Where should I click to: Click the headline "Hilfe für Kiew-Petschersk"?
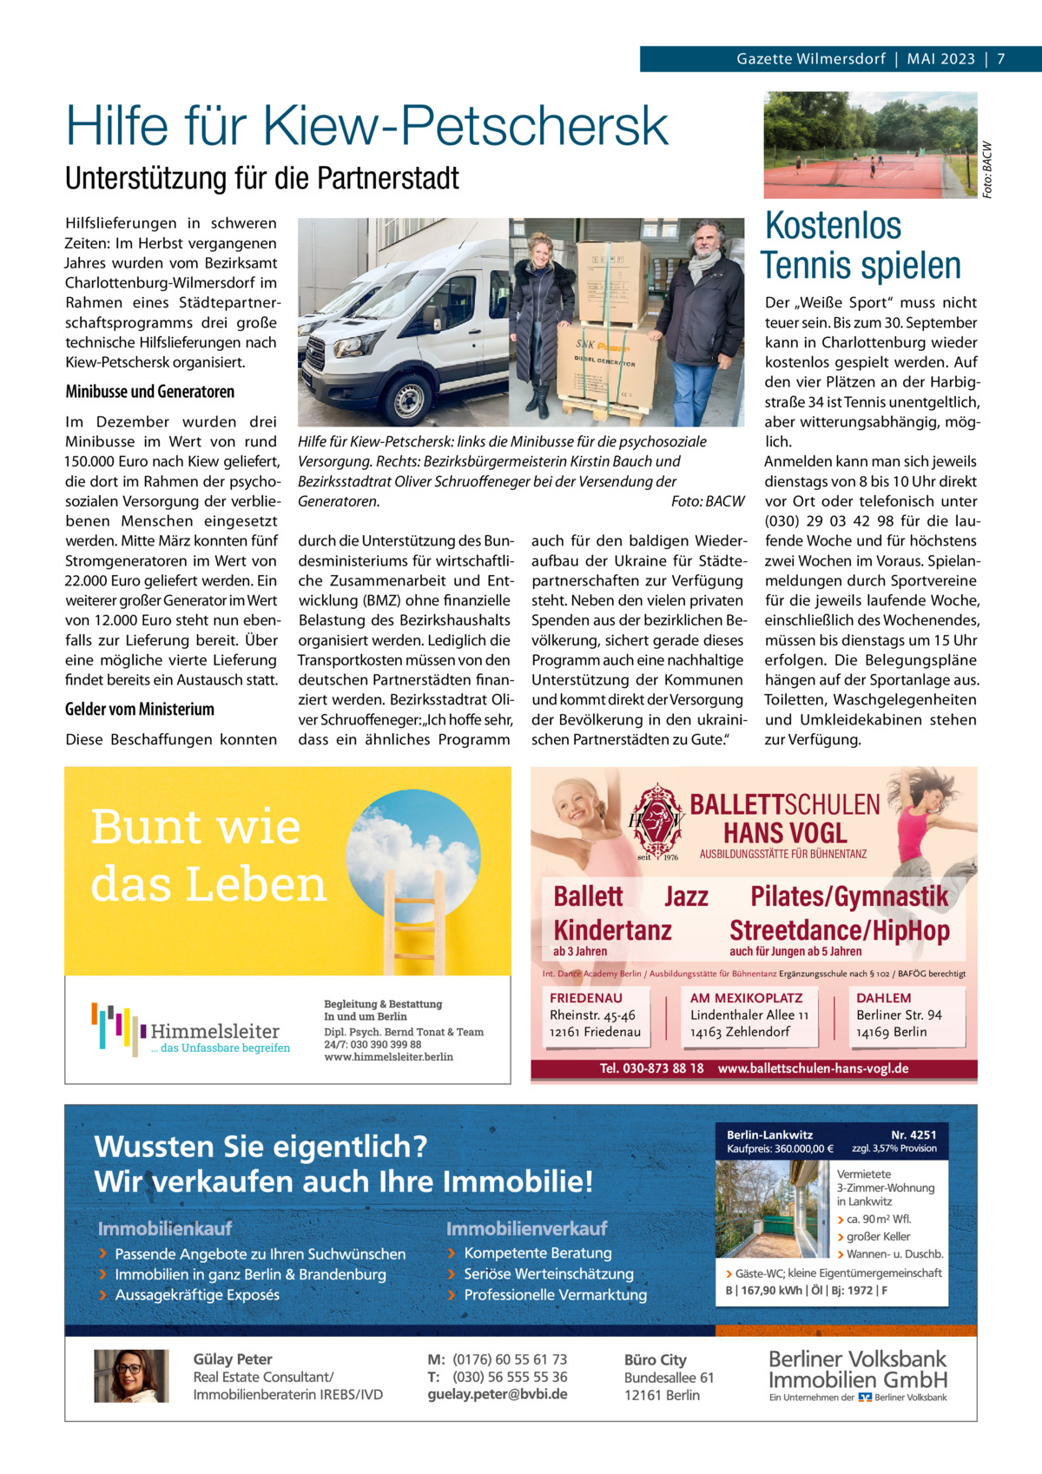(366, 127)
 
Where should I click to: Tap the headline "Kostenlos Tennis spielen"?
(861, 246)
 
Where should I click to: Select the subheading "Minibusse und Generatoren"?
(149, 392)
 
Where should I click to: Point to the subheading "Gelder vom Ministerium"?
(139, 710)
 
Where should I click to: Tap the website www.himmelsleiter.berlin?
(388, 1057)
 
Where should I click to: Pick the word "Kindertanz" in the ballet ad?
(612, 930)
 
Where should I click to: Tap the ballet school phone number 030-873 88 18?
(651, 1068)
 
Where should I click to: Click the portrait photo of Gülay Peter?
(131, 1376)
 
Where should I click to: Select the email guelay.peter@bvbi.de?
(497, 1394)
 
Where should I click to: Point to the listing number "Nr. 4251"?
(913, 1134)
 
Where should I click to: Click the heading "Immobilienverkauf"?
(526, 1229)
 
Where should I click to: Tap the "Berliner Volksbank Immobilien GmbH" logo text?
(857, 1370)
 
